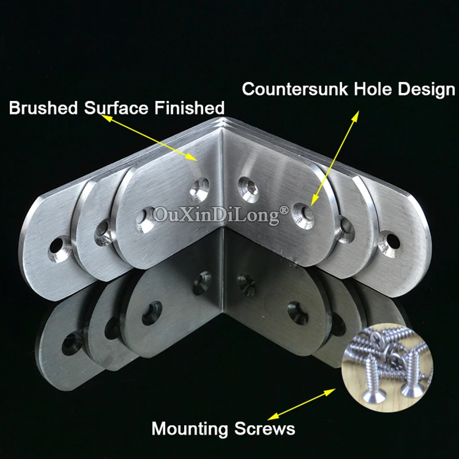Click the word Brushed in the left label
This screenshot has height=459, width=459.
(x=43, y=107)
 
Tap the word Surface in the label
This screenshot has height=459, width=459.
(x=116, y=107)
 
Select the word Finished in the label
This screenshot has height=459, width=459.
(x=189, y=107)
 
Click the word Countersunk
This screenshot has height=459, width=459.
(x=295, y=89)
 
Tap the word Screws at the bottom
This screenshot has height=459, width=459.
(x=264, y=429)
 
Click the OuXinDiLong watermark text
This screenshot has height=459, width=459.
(x=217, y=215)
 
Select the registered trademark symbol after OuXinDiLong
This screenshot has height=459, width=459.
(x=284, y=210)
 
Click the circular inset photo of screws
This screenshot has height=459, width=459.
(x=387, y=368)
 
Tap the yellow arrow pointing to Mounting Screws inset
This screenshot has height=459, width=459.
(x=302, y=404)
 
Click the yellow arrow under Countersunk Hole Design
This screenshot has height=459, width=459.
(x=334, y=158)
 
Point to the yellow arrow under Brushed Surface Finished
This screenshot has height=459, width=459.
(x=149, y=138)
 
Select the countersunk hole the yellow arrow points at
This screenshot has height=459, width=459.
(x=303, y=215)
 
